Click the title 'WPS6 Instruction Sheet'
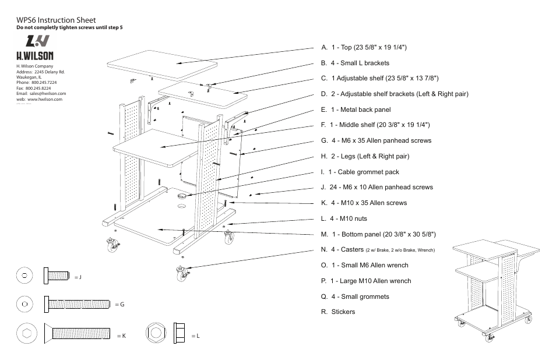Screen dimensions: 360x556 tap(56, 20)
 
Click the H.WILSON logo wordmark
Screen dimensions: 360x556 tap(34, 56)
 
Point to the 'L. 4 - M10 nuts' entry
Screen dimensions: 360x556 tap(344, 218)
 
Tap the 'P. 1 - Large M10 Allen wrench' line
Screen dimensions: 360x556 tap(365, 281)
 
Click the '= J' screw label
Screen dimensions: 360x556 tap(78, 277)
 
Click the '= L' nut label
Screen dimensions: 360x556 tap(195, 336)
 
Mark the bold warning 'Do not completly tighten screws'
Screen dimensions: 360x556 tap(69, 28)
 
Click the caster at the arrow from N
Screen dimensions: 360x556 tap(181, 271)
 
